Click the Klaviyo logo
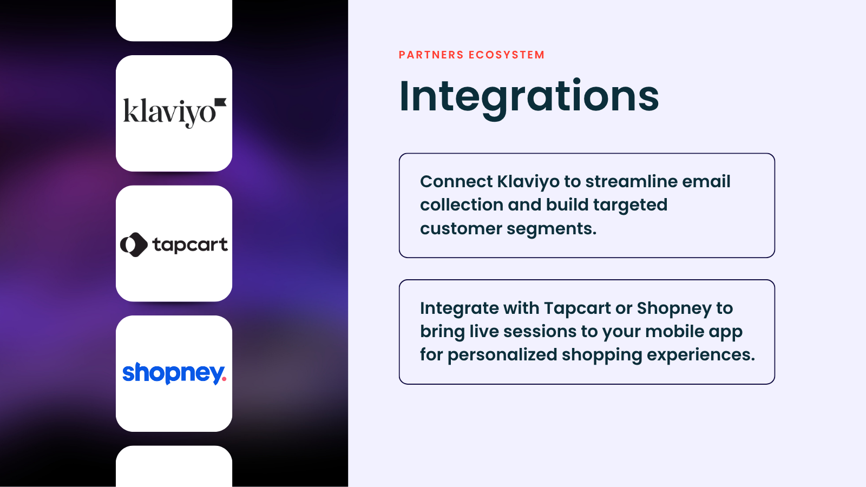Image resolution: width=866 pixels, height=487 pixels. pyautogui.click(x=175, y=113)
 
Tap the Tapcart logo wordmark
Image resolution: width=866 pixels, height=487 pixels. pyautogui.click(x=190, y=245)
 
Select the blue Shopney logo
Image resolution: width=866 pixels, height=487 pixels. pyautogui.click(x=174, y=373)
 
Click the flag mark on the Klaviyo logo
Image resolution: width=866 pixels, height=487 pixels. pyautogui.click(x=220, y=102)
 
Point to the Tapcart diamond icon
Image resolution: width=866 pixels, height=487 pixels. pyautogui.click(x=134, y=245)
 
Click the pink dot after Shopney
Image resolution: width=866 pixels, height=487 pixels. pyautogui.click(x=224, y=379)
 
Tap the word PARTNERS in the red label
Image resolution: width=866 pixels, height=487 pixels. pyautogui.click(x=431, y=55)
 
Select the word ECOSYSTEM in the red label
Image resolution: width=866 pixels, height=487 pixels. pyautogui.click(x=507, y=55)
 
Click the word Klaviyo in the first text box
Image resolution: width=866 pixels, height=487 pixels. pyautogui.click(x=528, y=182)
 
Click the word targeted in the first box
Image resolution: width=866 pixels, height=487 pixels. pyautogui.click(x=630, y=206)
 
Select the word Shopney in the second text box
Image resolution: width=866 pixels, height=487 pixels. pyautogui.click(x=674, y=309)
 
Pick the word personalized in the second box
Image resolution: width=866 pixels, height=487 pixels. pyautogui.click(x=502, y=356)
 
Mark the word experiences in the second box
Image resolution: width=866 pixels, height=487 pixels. pyautogui.click(x=700, y=356)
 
